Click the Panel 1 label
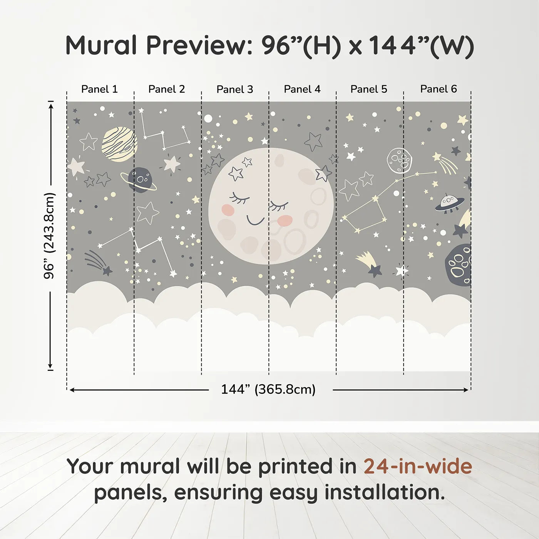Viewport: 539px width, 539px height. coord(99,89)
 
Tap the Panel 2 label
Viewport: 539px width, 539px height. coord(167,89)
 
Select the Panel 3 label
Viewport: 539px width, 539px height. coord(235,90)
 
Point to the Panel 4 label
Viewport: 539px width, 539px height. coord(302,89)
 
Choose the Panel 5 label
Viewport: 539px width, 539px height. coord(369,89)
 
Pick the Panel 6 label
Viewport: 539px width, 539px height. coord(439,89)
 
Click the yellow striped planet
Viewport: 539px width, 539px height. coord(120,144)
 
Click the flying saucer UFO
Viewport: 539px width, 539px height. coord(449,203)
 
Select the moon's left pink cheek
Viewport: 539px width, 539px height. coord(228,209)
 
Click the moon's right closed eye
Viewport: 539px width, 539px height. coord(279,206)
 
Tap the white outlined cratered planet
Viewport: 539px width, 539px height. coord(399,161)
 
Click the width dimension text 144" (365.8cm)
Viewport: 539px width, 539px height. coord(268,390)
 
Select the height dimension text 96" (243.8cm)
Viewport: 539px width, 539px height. coord(49,236)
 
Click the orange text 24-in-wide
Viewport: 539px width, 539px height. coord(418,466)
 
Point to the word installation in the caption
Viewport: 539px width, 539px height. coord(384,492)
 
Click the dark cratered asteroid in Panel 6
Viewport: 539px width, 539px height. coord(459,265)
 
